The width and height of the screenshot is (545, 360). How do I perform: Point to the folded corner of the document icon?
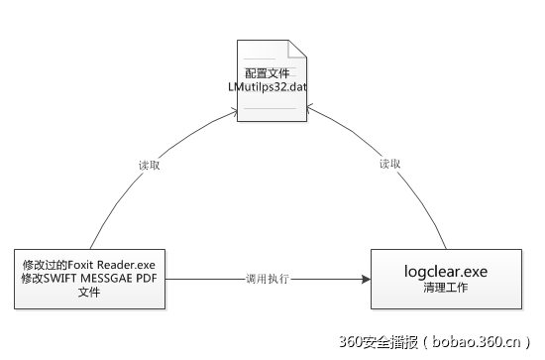295,47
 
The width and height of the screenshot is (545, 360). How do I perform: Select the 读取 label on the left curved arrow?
149,165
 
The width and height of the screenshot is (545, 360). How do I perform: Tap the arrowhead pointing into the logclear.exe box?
366,279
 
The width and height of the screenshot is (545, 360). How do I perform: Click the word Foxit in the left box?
94,265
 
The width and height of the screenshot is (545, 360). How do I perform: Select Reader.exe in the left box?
135,265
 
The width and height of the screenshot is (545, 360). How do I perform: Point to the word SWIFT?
70,279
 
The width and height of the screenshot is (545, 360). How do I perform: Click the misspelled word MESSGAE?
117,279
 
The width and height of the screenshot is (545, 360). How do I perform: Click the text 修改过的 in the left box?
50,265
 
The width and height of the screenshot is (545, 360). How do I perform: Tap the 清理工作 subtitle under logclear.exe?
444,289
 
